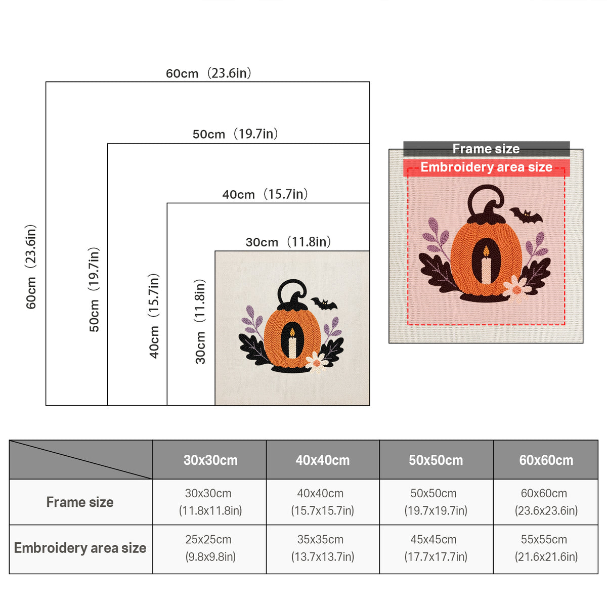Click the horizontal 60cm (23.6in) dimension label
208,73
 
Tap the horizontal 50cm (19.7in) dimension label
235,134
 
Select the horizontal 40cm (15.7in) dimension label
265,194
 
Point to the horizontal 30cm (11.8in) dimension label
288,242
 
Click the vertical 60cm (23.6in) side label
31,267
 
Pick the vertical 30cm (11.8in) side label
200,321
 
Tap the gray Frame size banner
486,149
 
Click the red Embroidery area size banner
486,167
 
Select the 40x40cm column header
323,460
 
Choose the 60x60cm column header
546,460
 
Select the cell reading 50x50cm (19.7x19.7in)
436,502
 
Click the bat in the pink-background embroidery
526,215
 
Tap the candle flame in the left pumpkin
292,332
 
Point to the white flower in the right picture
515,288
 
